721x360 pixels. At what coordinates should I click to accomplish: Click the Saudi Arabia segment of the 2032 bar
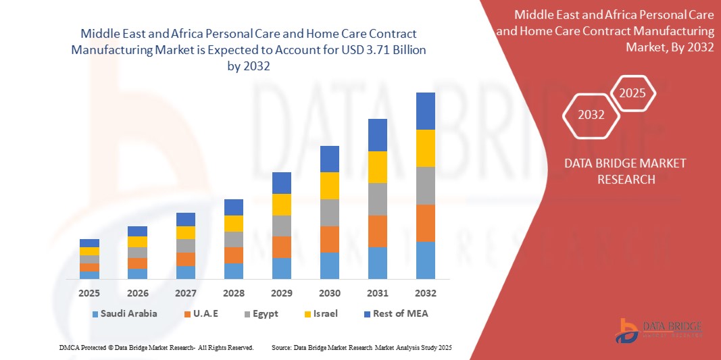425,260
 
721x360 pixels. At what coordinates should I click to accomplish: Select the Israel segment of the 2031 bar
377,167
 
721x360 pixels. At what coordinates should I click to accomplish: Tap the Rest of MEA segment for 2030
329,159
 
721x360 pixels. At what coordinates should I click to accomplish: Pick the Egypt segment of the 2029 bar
281,226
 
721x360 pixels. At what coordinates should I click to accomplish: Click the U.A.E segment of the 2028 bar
233,255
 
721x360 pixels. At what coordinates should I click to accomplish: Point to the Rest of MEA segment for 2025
89,243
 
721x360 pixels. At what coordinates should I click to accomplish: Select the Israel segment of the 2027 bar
185,232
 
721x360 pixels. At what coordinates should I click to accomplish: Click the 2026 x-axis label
137,293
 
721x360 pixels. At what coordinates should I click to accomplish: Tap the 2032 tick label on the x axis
425,293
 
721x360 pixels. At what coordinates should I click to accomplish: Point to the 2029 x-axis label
281,293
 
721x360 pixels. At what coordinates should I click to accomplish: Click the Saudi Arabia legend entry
125,313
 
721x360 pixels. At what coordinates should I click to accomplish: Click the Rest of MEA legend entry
396,313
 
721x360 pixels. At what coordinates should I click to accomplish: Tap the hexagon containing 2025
633,93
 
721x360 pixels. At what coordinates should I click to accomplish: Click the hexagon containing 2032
591,115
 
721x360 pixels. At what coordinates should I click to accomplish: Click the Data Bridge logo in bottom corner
658,329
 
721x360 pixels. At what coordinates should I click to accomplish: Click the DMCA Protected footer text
156,347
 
